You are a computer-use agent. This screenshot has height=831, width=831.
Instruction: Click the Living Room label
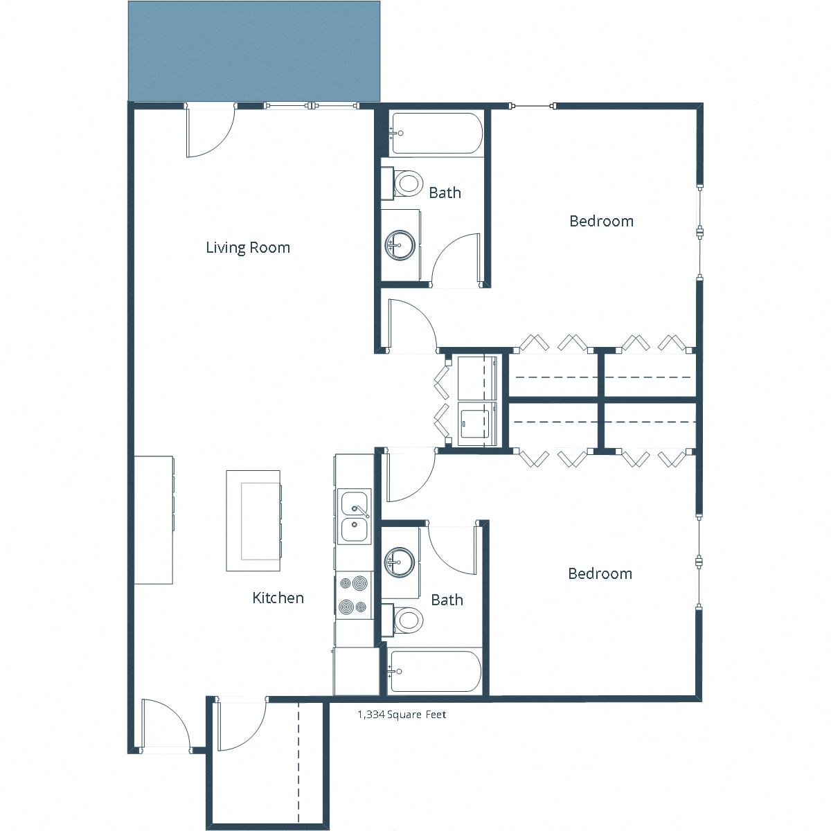248,247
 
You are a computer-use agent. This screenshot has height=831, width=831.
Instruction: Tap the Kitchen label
278,598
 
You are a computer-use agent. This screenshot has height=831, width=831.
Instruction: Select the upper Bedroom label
601,221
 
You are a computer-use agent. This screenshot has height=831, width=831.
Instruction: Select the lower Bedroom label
600,573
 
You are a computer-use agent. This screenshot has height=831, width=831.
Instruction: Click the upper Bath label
445,193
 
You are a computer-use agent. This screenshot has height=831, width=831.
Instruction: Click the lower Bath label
447,600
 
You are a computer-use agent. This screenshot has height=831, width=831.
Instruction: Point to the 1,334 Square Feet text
402,715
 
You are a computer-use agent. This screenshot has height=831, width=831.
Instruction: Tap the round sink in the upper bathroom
400,244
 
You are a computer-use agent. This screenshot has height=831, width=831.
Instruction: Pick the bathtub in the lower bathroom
434,671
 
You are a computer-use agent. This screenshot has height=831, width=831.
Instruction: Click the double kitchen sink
355,516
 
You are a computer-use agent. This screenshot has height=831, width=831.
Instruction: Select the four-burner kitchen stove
353,596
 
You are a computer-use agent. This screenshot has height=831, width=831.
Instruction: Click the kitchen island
253,521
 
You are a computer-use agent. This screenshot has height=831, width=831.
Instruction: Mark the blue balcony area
254,51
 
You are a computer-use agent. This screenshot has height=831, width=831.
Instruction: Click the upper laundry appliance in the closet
478,375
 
